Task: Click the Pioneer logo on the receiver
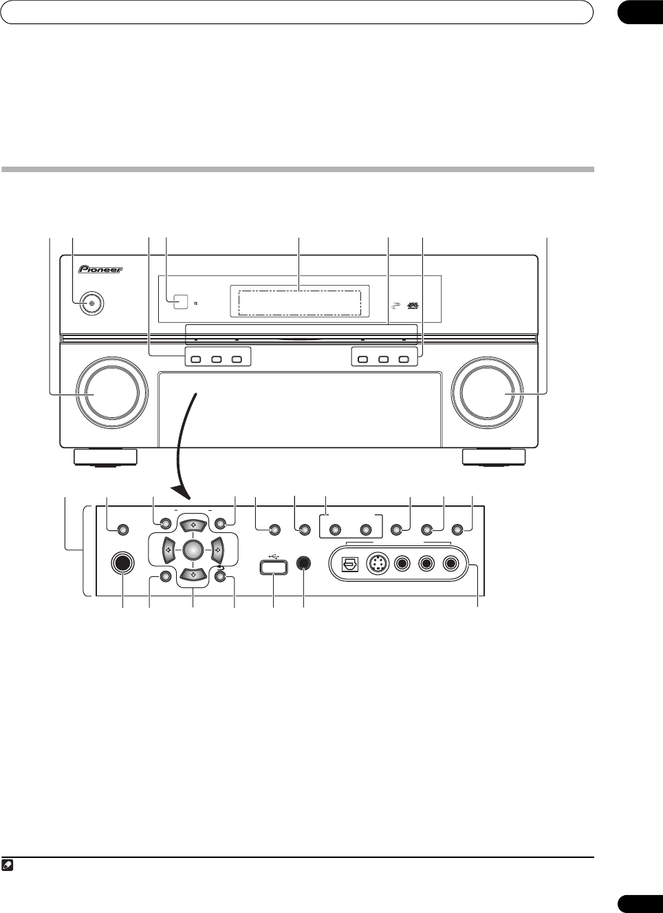click(x=100, y=269)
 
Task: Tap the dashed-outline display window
click(x=299, y=302)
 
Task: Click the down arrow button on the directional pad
click(x=193, y=573)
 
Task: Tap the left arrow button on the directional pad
click(x=167, y=549)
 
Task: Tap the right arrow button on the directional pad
click(x=218, y=549)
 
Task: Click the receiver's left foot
click(x=105, y=457)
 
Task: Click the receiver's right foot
click(x=494, y=457)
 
